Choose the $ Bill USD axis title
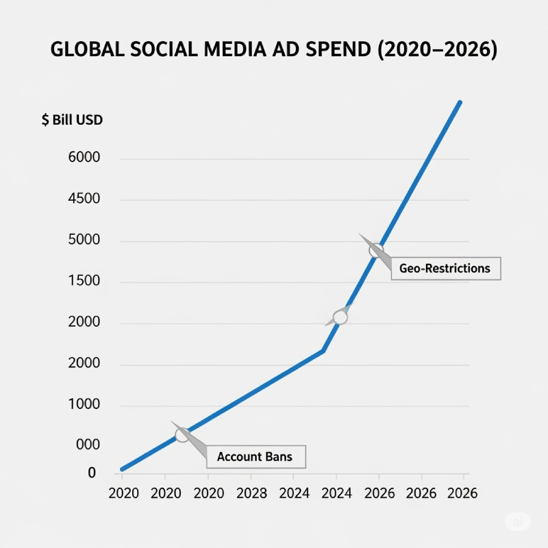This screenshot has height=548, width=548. click(72, 120)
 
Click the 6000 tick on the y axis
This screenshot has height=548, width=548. click(84, 158)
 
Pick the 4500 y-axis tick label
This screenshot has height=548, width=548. click(84, 199)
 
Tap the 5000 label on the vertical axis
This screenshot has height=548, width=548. click(84, 240)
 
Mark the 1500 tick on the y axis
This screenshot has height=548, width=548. click(84, 282)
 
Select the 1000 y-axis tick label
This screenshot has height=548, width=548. click(84, 405)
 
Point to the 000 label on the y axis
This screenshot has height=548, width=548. click(88, 445)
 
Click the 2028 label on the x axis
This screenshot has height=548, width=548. click(251, 493)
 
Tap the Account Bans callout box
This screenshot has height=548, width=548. click(254, 456)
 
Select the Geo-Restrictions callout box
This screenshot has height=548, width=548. click(445, 268)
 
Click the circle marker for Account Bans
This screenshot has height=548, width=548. click(182, 435)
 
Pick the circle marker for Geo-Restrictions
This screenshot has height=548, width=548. click(376, 250)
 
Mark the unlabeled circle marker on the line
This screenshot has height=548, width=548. click(340, 317)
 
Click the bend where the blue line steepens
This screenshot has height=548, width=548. click(323, 351)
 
